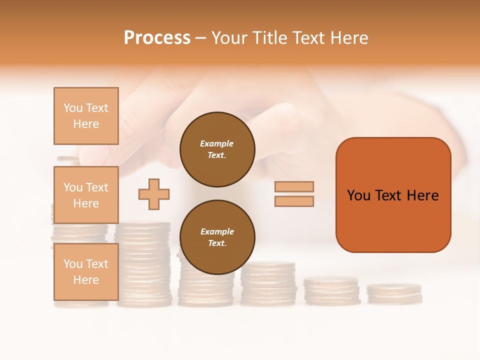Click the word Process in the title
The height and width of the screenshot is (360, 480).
[157, 38]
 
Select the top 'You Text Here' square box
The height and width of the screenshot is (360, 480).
[86, 116]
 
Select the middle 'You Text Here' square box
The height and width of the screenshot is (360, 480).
[86, 195]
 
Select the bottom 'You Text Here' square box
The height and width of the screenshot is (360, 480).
[86, 271]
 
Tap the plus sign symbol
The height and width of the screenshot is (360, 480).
[154, 194]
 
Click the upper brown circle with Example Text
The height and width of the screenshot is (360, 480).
[217, 149]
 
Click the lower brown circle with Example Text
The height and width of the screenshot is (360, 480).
[217, 237]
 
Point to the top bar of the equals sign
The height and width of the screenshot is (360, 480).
[294, 186]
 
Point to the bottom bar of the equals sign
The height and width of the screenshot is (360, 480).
[294, 201]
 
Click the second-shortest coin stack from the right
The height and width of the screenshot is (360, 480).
[331, 291]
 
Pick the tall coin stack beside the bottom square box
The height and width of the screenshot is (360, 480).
[144, 265]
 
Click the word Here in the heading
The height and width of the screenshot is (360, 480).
[349, 38]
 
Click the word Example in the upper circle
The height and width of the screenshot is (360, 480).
[216, 143]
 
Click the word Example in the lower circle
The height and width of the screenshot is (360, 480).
[217, 231]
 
